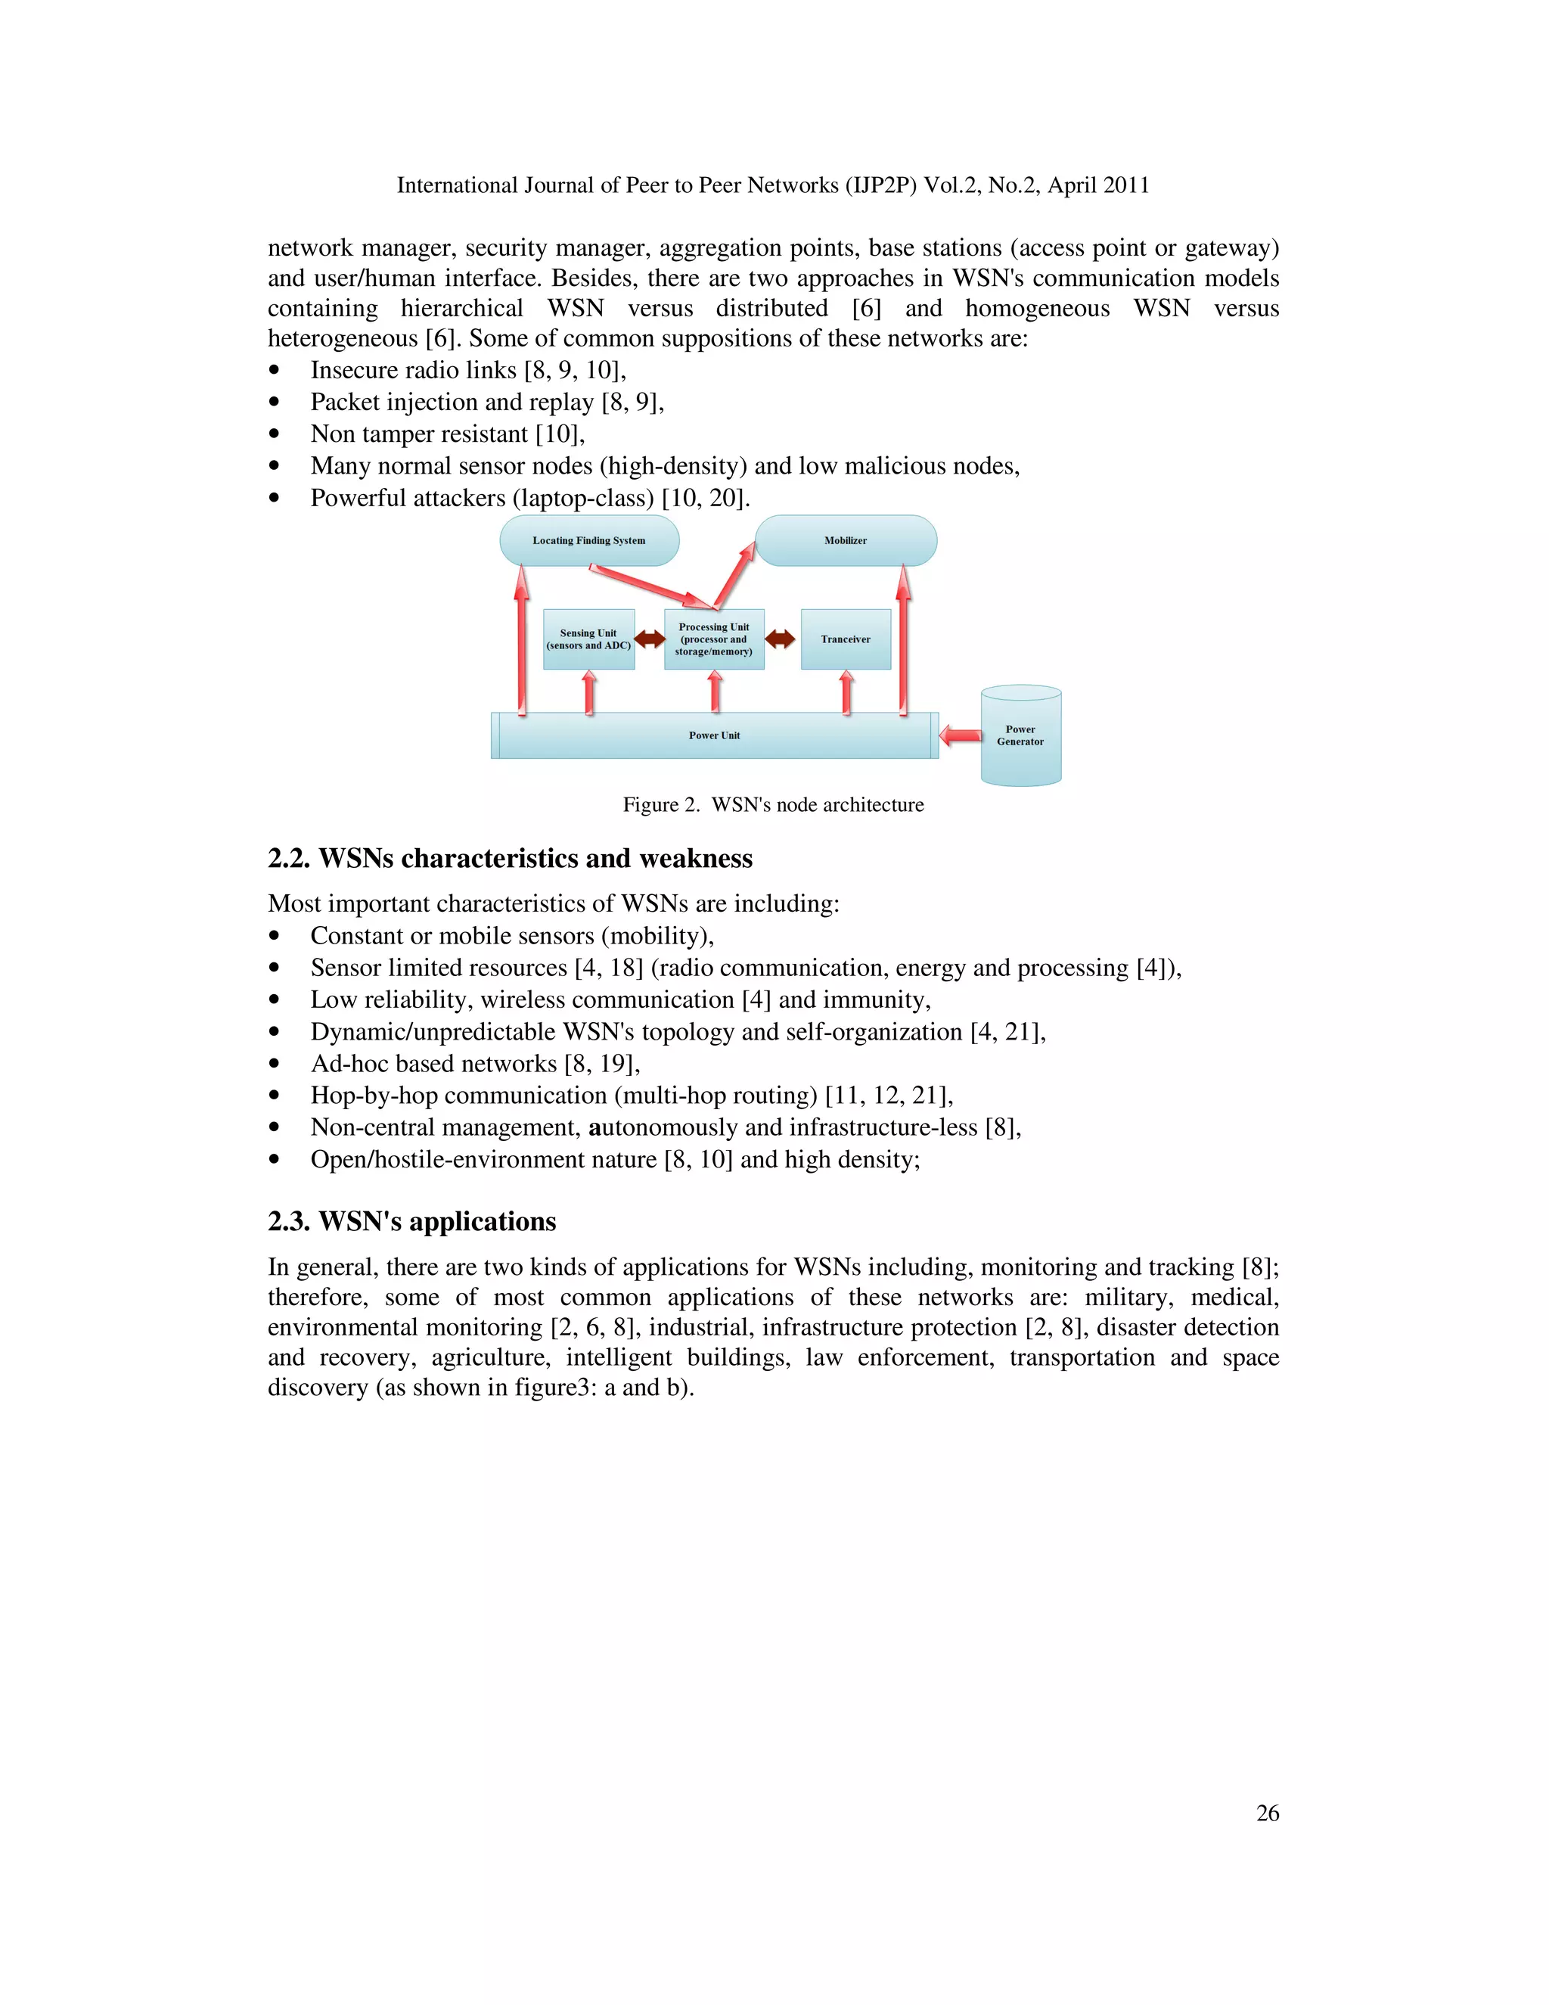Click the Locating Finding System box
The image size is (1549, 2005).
(x=588, y=541)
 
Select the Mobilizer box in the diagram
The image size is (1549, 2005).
(x=845, y=541)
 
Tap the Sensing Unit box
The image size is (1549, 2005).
(x=588, y=640)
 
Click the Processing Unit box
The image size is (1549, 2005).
(x=714, y=640)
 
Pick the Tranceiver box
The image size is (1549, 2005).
(x=845, y=640)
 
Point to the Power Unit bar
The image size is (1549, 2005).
(x=714, y=735)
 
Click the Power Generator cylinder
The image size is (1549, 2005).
(x=1020, y=736)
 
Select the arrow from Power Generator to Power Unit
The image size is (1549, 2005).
(x=961, y=735)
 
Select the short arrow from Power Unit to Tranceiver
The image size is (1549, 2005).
(x=846, y=692)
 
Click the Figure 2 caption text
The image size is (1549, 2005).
(x=773, y=805)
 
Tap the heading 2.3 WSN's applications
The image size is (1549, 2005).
(x=411, y=1222)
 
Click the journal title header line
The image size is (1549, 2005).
(x=773, y=185)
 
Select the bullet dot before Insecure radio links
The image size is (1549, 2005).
(x=274, y=371)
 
